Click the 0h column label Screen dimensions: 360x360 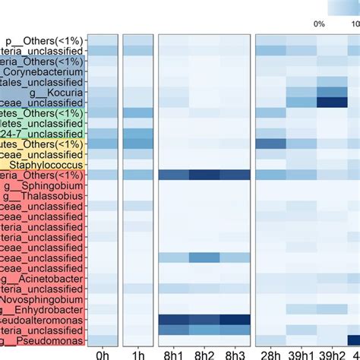[x=103, y=353]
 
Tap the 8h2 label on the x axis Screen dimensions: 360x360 [x=204, y=353]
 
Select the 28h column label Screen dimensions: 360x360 [x=270, y=353]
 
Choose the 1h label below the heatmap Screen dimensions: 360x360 [x=137, y=353]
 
